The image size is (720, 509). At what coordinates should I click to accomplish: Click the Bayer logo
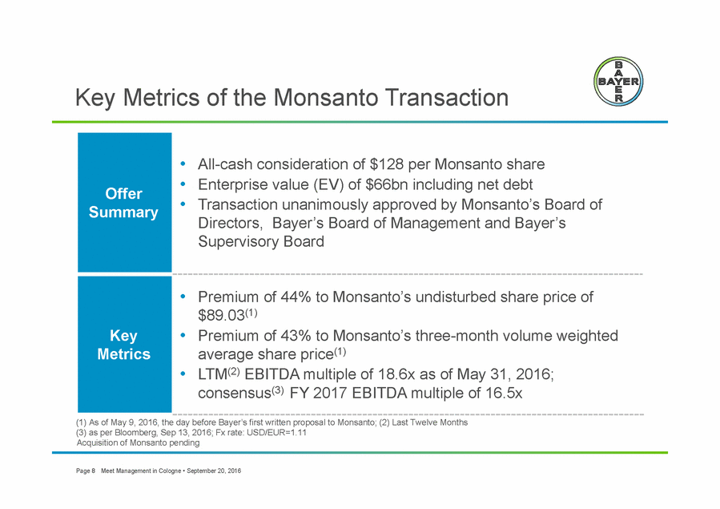tap(618, 82)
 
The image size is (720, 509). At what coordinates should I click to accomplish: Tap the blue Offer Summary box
tap(124, 202)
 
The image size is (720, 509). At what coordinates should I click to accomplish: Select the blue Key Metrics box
tap(124, 344)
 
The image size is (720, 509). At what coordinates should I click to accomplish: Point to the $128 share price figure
tap(386, 164)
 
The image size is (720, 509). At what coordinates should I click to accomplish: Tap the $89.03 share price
tap(221, 315)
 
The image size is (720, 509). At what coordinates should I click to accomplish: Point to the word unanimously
tap(324, 204)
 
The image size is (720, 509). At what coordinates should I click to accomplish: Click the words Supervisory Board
tap(261, 241)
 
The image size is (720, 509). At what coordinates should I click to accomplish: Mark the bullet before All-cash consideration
tap(183, 164)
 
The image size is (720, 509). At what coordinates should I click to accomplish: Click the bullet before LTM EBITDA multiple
tap(183, 374)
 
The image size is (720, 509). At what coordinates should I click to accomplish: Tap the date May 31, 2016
tap(505, 374)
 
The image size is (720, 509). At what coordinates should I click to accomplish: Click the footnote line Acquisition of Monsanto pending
tap(138, 442)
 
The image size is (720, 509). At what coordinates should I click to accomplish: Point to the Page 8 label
tap(86, 471)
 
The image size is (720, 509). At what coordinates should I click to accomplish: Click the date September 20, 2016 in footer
tap(214, 471)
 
